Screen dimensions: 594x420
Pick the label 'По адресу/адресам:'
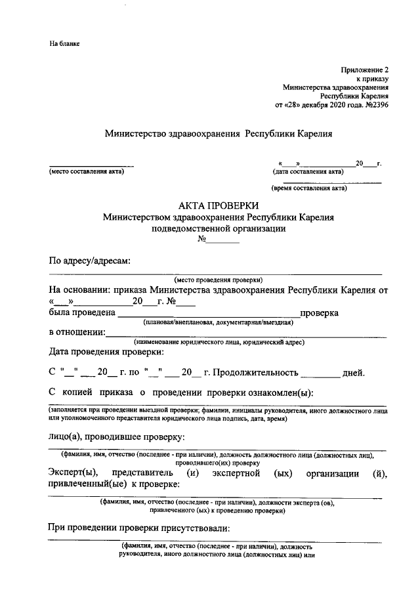coord(90,261)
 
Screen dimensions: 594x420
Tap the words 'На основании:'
coord(79,289)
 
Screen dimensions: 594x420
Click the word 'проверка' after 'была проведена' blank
coord(319,312)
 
